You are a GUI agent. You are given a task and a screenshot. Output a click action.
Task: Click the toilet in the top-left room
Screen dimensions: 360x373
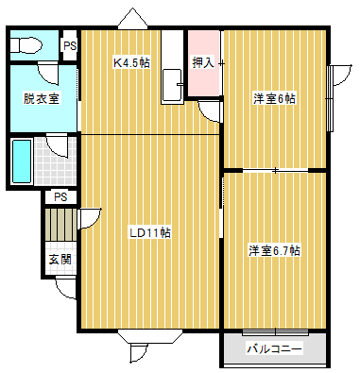[x=26, y=45]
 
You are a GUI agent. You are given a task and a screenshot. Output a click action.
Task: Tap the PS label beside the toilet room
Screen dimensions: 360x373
[x=70, y=46]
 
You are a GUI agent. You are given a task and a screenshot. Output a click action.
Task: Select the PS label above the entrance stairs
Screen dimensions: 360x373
[x=60, y=197]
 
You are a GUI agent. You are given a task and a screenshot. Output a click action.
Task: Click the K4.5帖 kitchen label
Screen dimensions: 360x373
[x=131, y=63]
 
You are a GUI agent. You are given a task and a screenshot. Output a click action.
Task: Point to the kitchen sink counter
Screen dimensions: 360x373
[x=172, y=67]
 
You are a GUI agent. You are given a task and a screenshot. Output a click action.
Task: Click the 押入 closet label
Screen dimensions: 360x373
[x=203, y=63]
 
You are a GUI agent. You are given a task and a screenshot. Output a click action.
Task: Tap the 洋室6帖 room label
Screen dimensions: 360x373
[x=275, y=99]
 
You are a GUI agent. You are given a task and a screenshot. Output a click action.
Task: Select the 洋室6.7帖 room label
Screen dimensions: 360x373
[x=274, y=251]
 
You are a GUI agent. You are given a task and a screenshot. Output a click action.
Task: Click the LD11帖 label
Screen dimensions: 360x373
[x=150, y=233]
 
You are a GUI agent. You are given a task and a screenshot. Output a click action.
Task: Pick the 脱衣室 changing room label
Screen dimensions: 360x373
[x=42, y=98]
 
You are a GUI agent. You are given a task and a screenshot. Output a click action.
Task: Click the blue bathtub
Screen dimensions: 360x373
[x=22, y=161]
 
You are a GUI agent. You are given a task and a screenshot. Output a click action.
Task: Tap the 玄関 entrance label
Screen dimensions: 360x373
[x=60, y=260]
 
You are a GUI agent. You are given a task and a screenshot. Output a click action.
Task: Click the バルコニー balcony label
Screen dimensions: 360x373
[x=274, y=348]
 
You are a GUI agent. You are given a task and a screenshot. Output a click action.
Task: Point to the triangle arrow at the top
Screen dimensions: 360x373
[x=132, y=19]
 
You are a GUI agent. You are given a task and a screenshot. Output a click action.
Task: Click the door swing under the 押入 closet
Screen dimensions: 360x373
[x=210, y=111]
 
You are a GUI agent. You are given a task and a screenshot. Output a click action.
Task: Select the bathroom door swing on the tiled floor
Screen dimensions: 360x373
[x=58, y=145]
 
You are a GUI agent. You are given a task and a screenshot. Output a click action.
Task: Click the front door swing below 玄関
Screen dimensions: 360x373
[x=66, y=288]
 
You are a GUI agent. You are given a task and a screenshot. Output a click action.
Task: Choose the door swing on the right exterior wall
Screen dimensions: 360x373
[x=341, y=75]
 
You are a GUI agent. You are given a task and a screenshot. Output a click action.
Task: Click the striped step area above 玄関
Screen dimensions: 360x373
[x=60, y=225]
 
